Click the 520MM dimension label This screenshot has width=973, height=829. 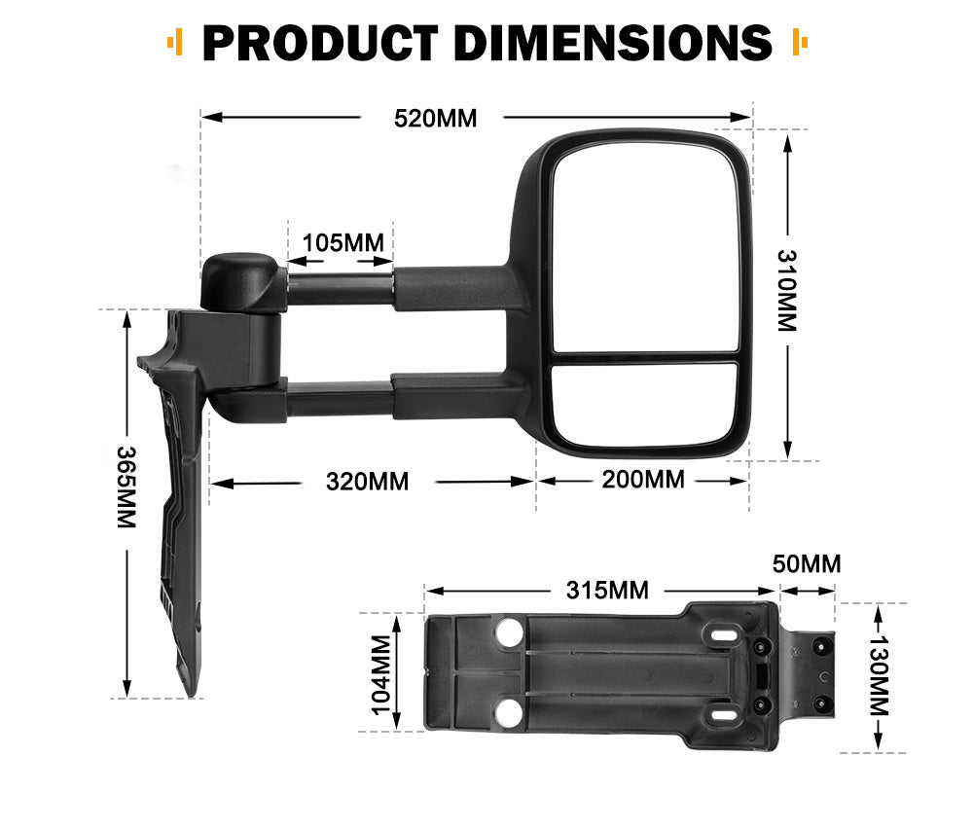tap(435, 119)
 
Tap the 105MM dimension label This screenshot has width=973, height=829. tap(342, 242)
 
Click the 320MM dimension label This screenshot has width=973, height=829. tap(367, 481)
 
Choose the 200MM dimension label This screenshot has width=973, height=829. tap(643, 480)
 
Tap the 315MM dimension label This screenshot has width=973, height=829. tap(608, 590)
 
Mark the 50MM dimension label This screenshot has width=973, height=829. tap(807, 564)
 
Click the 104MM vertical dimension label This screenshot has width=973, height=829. tap(380, 672)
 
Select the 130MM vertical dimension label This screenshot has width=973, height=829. tap(879, 677)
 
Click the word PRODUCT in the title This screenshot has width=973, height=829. tap(320, 42)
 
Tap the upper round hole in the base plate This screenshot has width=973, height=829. tap(508, 634)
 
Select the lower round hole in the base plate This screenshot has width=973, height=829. tap(508, 715)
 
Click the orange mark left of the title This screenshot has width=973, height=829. tap(175, 42)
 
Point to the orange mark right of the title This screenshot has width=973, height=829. tap(801, 42)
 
